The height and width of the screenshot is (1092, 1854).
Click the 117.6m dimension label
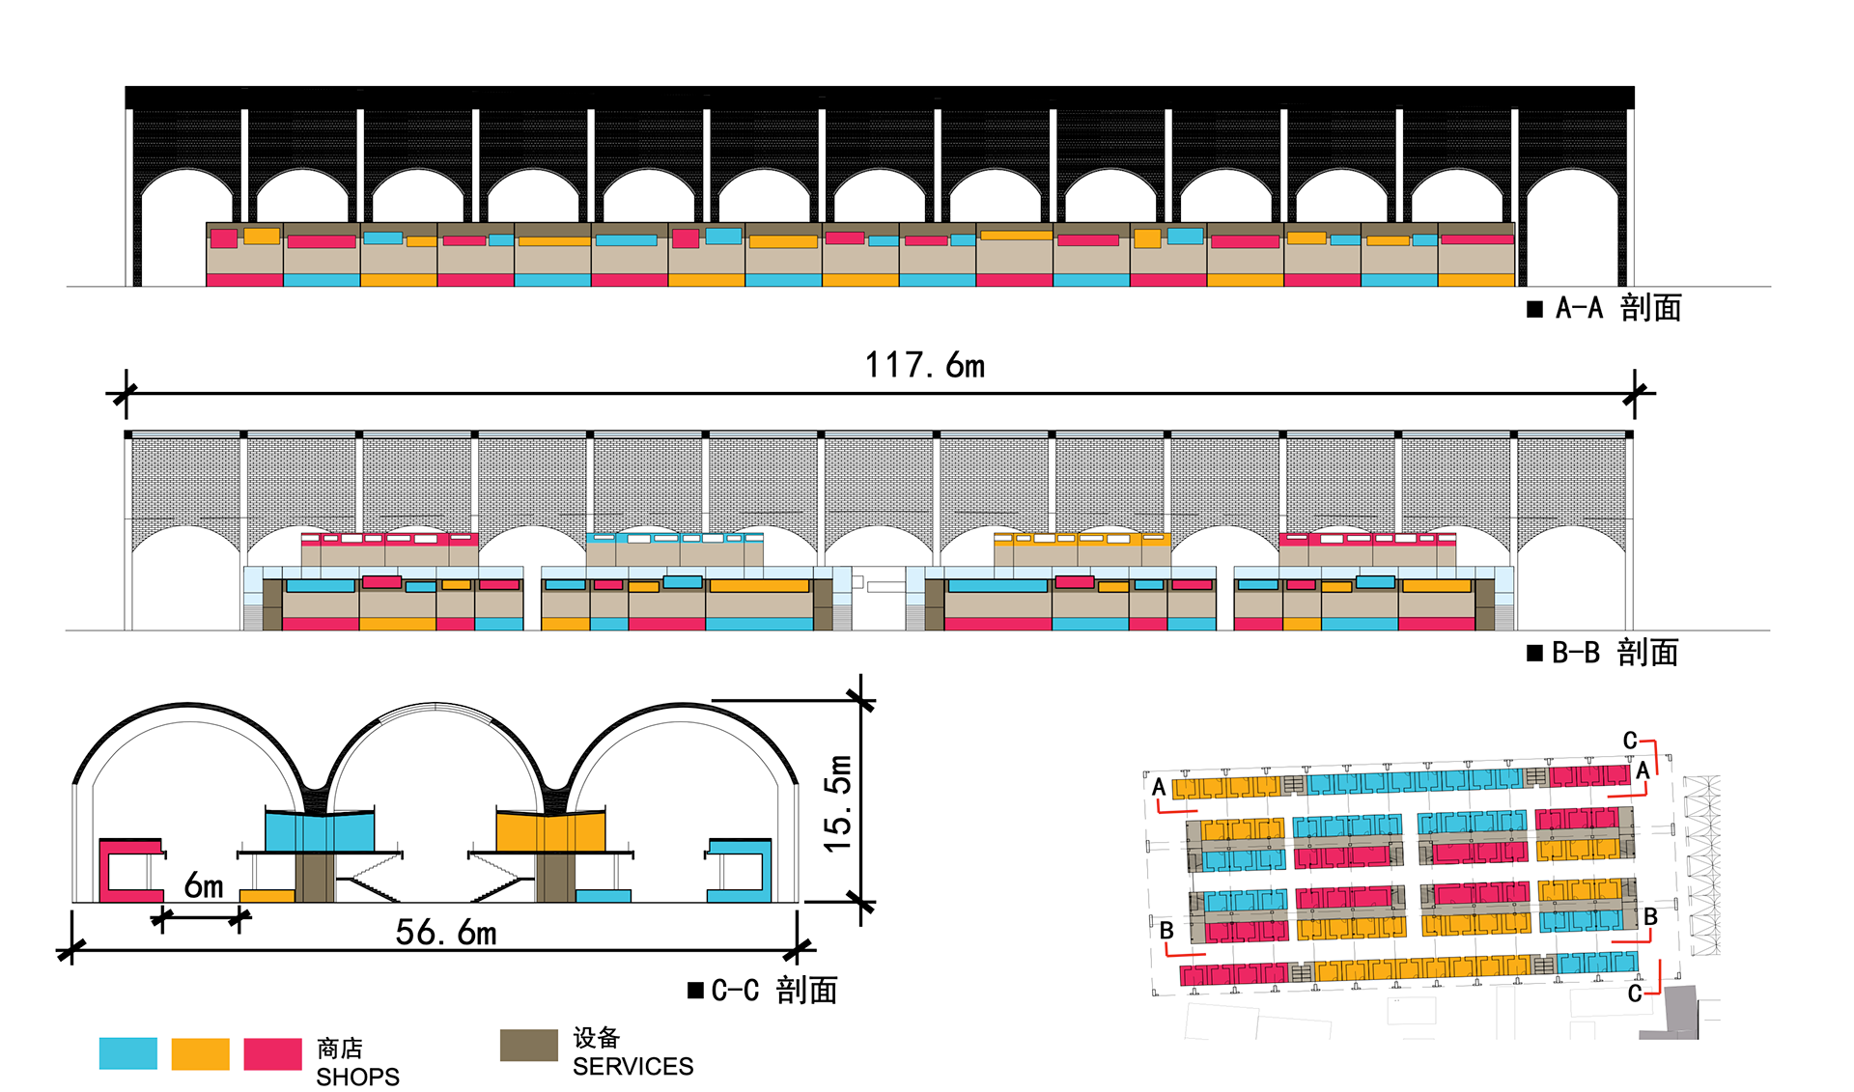pyautogui.click(x=924, y=366)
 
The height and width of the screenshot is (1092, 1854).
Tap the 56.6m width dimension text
pyautogui.click(x=445, y=933)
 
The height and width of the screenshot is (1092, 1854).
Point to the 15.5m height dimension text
pyautogui.click(x=838, y=804)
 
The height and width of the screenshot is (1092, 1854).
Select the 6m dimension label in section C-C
pyautogui.click(x=204, y=885)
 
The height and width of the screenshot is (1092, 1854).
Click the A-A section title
pyautogui.click(x=1617, y=308)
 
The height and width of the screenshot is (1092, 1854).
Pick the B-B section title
pyautogui.click(x=1615, y=653)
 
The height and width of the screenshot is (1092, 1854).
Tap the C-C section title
pyautogui.click(x=773, y=991)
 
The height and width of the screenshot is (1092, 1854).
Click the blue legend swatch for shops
pyautogui.click(x=127, y=1053)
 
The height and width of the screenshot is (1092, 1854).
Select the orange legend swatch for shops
pyautogui.click(x=200, y=1053)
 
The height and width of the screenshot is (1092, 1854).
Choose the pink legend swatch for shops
pyautogui.click(x=272, y=1053)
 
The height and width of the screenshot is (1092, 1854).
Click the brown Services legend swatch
pyautogui.click(x=528, y=1045)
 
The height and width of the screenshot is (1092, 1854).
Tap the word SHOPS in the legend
pyautogui.click(x=357, y=1077)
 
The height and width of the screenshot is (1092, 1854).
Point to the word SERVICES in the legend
pyautogui.click(x=632, y=1066)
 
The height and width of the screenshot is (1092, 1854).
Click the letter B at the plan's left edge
pyautogui.click(x=1166, y=931)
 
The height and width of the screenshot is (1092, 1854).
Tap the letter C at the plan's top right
pyautogui.click(x=1630, y=741)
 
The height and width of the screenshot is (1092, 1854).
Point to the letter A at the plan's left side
pyautogui.click(x=1159, y=787)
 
